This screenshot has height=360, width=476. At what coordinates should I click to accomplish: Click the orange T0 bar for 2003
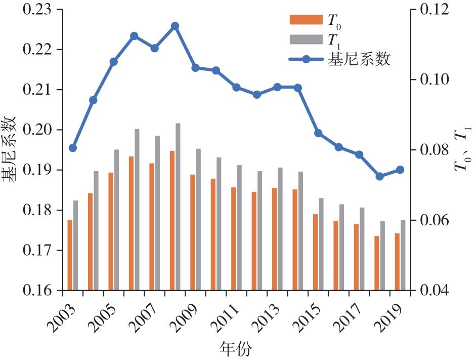[70, 255]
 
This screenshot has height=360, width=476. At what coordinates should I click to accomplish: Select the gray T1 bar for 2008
[178, 207]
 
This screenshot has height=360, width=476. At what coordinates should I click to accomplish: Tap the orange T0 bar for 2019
[397, 261]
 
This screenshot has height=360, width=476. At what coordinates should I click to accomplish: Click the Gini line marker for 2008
[175, 26]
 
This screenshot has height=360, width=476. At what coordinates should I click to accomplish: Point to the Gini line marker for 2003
[73, 148]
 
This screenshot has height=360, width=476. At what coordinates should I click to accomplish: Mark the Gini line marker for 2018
[379, 176]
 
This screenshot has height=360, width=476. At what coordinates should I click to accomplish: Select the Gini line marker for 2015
[318, 133]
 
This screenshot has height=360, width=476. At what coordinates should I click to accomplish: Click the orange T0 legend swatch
[306, 20]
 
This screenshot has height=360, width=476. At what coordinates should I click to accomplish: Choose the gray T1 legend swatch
[306, 39]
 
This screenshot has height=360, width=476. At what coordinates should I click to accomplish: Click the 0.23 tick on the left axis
[34, 10]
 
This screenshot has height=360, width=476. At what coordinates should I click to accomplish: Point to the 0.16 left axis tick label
[34, 291]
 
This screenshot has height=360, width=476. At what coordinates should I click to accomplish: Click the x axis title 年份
[235, 349]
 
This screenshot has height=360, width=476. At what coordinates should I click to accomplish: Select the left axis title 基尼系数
[11, 149]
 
